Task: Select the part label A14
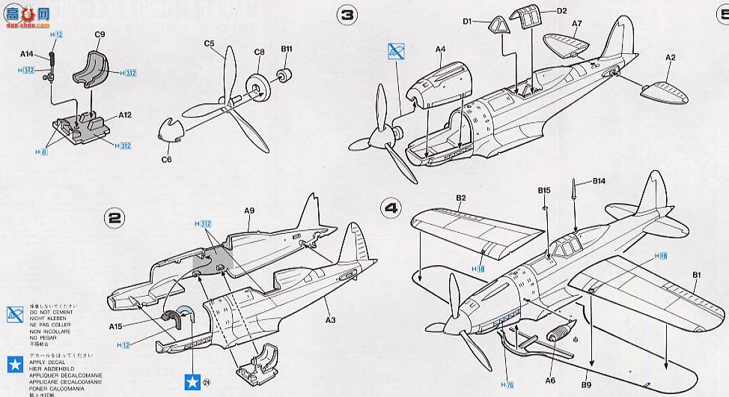click(28, 53)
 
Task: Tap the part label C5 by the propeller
click(210, 45)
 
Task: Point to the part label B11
click(287, 49)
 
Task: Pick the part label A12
click(124, 115)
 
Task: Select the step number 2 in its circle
click(115, 218)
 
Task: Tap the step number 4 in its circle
click(390, 205)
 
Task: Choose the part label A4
click(440, 50)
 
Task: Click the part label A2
click(671, 58)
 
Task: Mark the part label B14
click(599, 181)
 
